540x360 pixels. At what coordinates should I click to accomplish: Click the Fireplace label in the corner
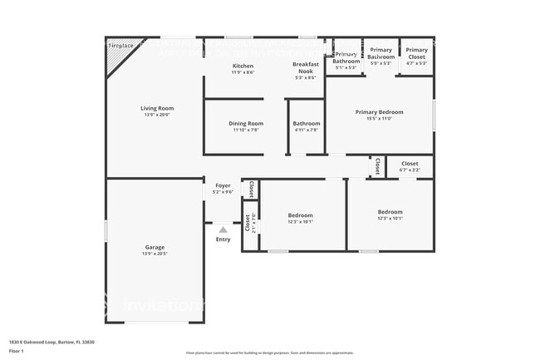(120, 46)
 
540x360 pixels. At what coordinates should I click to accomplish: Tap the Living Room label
(156, 108)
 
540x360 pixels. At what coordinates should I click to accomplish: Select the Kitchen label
(243, 66)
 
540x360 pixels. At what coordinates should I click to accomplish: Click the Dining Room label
(246, 123)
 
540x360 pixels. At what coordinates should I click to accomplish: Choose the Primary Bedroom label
(379, 111)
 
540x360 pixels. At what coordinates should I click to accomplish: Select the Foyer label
(223, 185)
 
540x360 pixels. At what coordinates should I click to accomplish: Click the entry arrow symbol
(223, 230)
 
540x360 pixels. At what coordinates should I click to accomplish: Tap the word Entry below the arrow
(223, 239)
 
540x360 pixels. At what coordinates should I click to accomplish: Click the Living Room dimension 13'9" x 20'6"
(156, 115)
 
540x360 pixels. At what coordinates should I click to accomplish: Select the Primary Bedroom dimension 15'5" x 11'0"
(379, 118)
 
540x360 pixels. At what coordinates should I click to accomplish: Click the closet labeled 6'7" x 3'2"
(410, 167)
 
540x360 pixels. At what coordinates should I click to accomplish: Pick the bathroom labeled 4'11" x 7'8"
(307, 126)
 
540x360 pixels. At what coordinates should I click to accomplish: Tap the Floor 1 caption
(17, 351)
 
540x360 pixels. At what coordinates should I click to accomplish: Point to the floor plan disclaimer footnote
(269, 353)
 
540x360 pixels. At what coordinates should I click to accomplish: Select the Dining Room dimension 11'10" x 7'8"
(246, 130)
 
